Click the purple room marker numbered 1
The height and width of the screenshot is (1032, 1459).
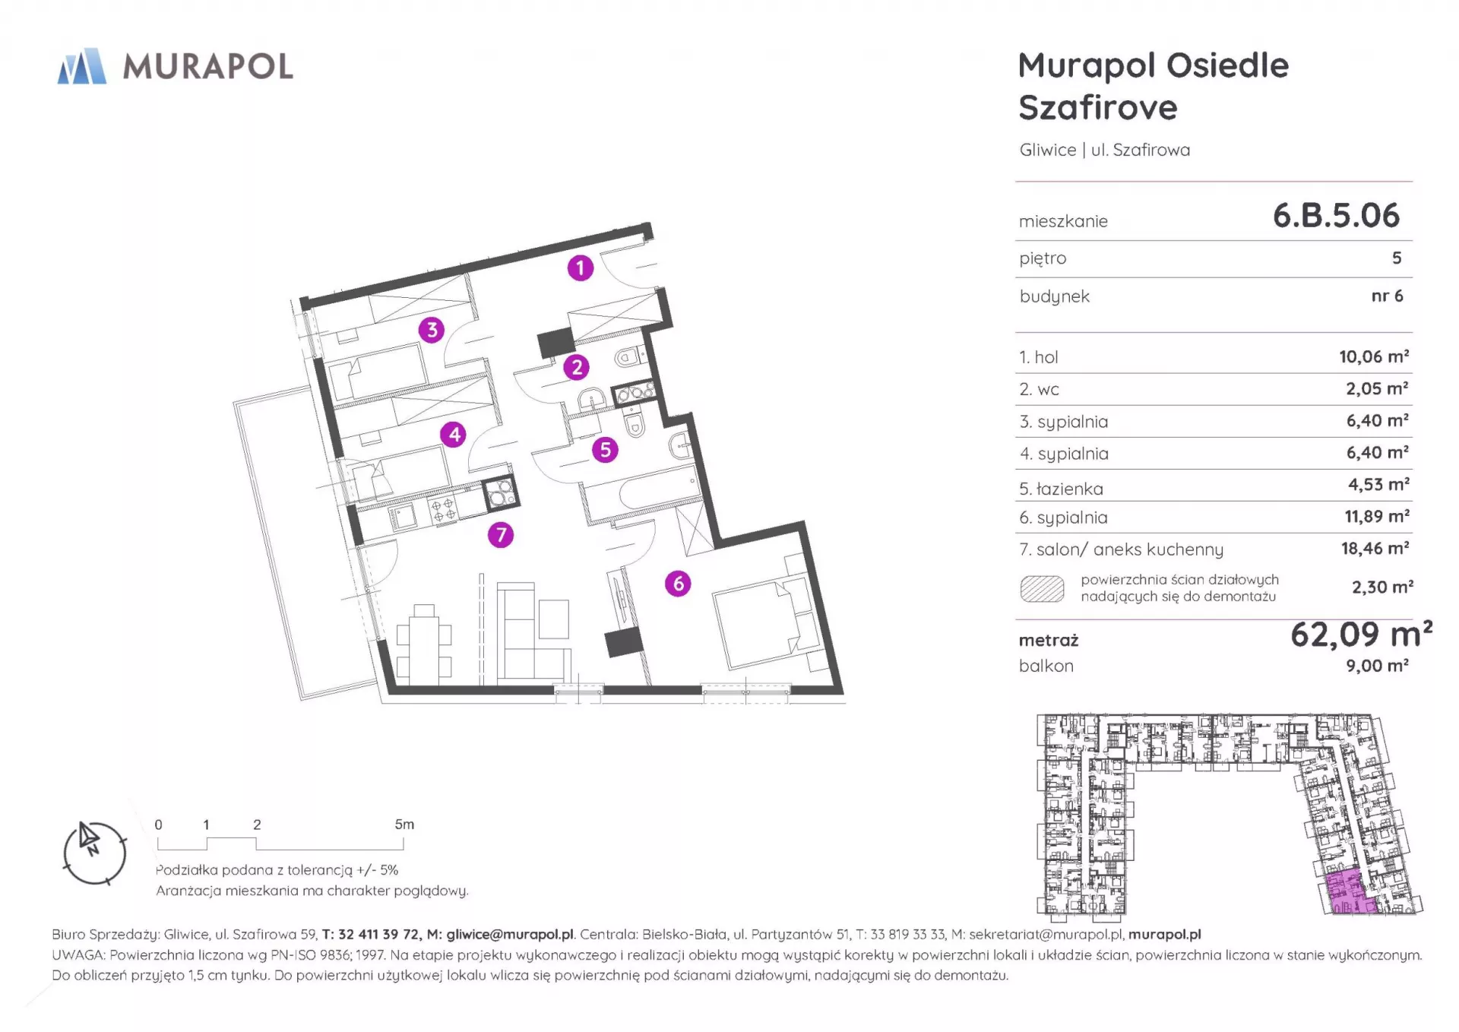click(581, 267)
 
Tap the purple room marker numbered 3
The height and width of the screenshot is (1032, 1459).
click(432, 330)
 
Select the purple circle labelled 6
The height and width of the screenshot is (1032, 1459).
click(678, 584)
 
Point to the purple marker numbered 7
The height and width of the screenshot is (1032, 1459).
click(501, 535)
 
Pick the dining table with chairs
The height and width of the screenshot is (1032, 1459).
click(424, 642)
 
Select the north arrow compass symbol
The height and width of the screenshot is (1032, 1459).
click(94, 853)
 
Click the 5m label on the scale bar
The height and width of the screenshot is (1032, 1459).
click(404, 825)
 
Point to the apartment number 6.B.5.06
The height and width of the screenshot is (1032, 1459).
click(1336, 216)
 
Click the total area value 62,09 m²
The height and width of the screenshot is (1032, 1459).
click(1361, 634)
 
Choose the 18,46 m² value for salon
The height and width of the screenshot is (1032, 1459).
click(1375, 548)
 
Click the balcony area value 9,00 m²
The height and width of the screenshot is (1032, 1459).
click(1377, 666)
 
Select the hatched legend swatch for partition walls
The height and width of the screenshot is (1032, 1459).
click(1042, 589)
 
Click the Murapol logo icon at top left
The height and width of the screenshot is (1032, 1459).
click(82, 66)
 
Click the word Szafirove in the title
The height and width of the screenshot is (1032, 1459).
click(1098, 108)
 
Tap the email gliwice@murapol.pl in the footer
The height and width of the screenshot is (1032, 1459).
click(510, 935)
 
